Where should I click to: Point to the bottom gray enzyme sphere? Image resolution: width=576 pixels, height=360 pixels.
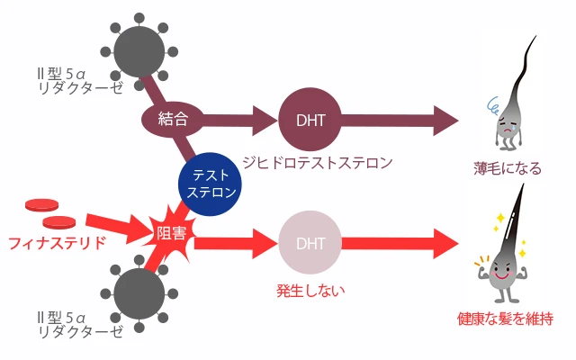(140, 294)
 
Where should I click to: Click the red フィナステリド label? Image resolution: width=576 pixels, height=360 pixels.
(57, 242)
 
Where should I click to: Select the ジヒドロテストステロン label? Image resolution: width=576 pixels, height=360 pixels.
(319, 163)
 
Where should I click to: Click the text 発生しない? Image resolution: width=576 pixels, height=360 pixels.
(310, 291)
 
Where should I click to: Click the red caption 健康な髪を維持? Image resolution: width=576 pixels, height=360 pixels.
(505, 318)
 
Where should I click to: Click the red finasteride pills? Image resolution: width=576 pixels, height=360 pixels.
(50, 212)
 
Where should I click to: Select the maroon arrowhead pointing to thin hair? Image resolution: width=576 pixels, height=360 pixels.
(445, 118)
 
